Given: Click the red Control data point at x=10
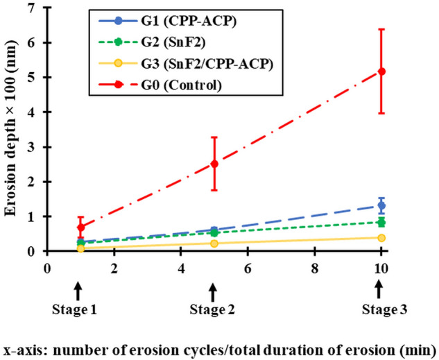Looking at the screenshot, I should point(381,71).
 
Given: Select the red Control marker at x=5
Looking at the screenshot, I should point(214,164).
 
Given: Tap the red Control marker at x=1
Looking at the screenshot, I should point(80,227).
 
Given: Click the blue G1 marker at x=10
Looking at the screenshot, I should point(381,205).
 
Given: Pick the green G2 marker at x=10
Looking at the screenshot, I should point(381,222).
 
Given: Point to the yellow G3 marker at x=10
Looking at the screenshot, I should point(381,238).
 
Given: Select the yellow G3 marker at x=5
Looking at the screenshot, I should point(214,243).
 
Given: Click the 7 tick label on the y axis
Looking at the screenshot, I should point(31,8).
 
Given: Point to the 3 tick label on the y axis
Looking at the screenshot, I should point(31,147).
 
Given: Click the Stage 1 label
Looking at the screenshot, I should point(78,310).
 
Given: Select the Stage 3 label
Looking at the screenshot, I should point(379,310).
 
